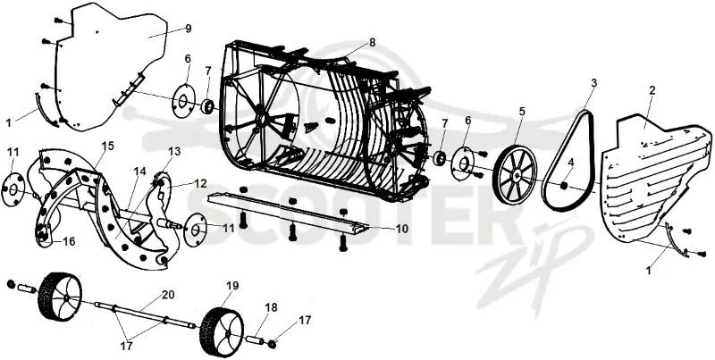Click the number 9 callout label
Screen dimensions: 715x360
(189, 29)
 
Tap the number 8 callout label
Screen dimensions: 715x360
(373, 42)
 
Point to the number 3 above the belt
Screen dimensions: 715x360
(593, 83)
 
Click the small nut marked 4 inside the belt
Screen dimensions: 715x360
(563, 185)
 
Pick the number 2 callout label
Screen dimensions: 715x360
(652, 90)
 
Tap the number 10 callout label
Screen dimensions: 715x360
(401, 229)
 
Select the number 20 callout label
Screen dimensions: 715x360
(168, 295)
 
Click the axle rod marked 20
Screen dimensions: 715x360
(145, 314)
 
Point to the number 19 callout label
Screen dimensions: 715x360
(232, 286)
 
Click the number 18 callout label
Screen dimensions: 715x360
(271, 307)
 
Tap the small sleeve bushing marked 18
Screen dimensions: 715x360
(256, 341)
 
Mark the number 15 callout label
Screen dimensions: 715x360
(108, 146)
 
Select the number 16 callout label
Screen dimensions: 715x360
(69, 241)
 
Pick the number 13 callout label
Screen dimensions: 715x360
(174, 151)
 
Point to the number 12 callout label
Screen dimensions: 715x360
(200, 184)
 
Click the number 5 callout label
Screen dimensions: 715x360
(522, 111)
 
